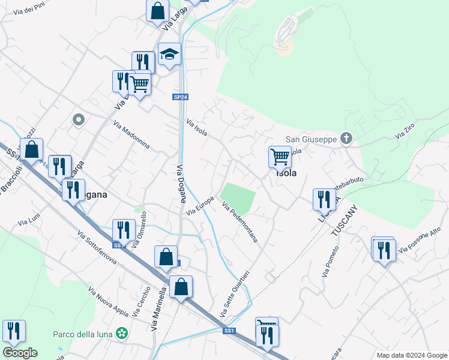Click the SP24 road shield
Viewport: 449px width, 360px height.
click(181, 96)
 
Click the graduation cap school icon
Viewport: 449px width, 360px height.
click(169, 55)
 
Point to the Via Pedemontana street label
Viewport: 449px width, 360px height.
click(240, 222)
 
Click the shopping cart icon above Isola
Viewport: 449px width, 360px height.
click(280, 157)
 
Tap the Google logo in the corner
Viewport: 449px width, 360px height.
click(19, 353)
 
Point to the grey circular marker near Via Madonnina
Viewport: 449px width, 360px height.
click(77, 120)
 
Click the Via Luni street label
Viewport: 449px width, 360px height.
click(28, 223)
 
